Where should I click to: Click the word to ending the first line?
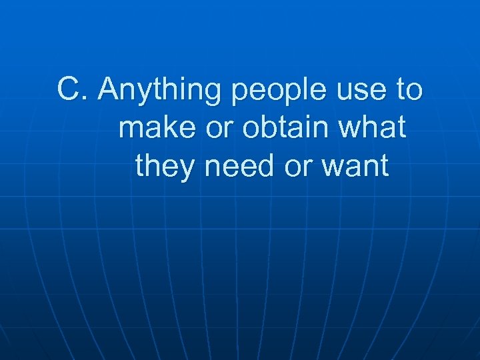(409, 90)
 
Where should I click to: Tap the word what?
(373, 128)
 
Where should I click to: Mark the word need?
(241, 167)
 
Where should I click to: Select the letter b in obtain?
(262, 128)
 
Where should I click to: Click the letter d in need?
(268, 167)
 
